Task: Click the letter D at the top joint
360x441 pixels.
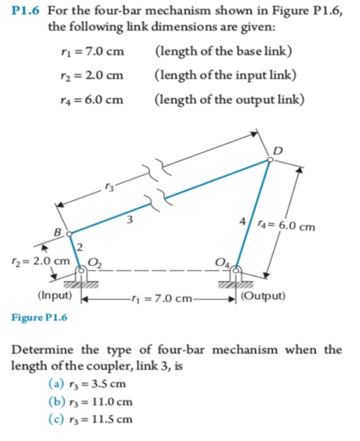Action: pyautogui.click(x=277, y=150)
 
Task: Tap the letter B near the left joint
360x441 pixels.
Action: pyautogui.click(x=58, y=231)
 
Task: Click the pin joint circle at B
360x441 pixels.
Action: pyautogui.click(x=69, y=233)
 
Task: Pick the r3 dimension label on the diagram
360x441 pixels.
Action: pyautogui.click(x=112, y=186)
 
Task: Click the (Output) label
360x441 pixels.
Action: pyautogui.click(x=264, y=297)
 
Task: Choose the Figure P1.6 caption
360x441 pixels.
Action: pyautogui.click(x=38, y=316)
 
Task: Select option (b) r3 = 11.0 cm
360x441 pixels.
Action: pyautogui.click(x=90, y=401)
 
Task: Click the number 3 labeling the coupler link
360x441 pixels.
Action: pyautogui.click(x=129, y=220)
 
